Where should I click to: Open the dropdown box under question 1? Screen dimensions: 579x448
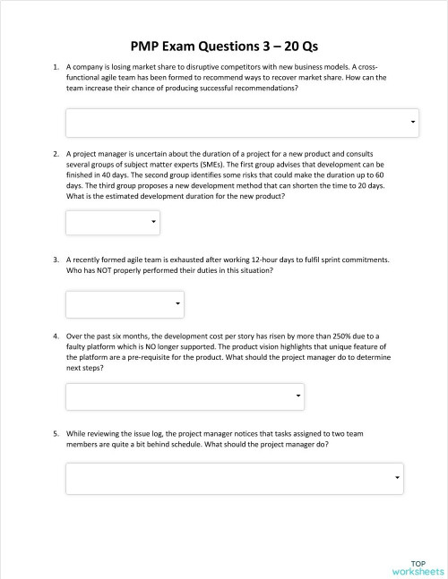(x=242, y=123)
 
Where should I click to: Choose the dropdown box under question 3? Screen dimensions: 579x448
(x=125, y=304)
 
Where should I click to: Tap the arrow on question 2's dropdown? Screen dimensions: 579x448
(x=153, y=221)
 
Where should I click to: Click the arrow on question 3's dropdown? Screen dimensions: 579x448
(x=177, y=305)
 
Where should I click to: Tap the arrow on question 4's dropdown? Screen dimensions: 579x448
(x=297, y=396)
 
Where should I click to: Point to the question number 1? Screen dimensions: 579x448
(x=56, y=67)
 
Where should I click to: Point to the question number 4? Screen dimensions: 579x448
(x=56, y=335)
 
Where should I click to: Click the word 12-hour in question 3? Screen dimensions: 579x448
(x=238, y=260)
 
